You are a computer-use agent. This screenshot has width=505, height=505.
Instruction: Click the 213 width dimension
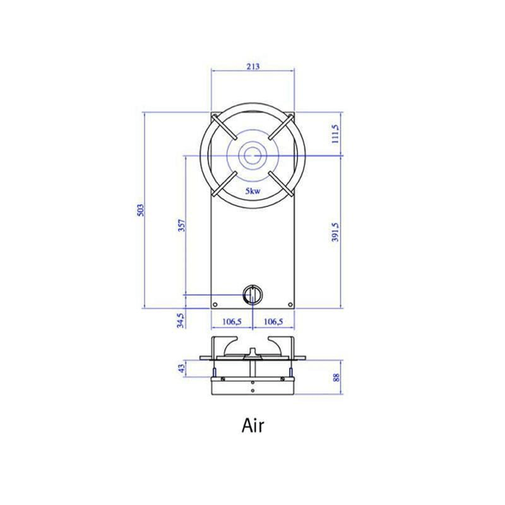point(252,66)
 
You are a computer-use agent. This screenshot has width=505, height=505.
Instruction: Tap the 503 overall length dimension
point(141,210)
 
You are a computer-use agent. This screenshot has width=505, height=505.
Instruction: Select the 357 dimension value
point(182,225)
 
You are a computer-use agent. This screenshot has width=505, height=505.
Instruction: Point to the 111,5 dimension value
point(335,133)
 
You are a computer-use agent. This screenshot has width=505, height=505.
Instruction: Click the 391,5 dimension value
point(335,232)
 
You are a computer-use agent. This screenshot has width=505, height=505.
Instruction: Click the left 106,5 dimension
point(232,321)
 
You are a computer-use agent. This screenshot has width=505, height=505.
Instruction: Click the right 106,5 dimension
point(273,321)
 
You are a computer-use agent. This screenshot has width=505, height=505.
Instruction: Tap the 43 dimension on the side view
point(183,369)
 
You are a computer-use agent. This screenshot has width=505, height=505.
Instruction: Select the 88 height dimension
point(336,377)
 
